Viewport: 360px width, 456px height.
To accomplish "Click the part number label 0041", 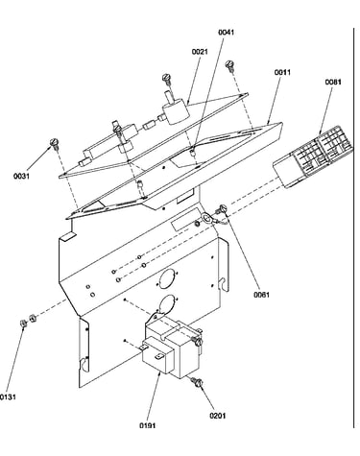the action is tap(227, 33).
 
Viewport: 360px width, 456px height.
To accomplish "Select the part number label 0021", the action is tap(200, 52).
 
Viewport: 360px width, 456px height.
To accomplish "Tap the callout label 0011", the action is tap(282, 72).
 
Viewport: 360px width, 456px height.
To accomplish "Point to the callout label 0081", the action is tap(333, 82).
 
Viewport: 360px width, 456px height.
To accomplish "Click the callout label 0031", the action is tap(21, 176).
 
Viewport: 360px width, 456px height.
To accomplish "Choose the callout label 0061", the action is tap(261, 295).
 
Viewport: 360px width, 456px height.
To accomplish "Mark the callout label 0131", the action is tap(8, 397).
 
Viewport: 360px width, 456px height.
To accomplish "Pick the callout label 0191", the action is tap(148, 425).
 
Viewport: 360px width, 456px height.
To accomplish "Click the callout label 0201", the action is tap(218, 416).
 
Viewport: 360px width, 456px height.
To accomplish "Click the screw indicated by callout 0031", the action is tap(55, 144).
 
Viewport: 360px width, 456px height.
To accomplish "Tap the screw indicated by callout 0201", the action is tap(197, 382).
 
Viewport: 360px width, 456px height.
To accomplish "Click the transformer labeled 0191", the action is tap(171, 348).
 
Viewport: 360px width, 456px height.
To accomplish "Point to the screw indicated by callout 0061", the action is tap(222, 209).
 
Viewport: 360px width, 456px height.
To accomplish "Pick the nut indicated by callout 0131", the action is tap(23, 324).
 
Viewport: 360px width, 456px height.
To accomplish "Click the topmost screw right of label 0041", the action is tap(230, 65).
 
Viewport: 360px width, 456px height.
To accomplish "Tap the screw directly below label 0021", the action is tap(166, 79).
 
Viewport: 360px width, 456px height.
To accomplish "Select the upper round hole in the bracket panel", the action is tap(168, 277).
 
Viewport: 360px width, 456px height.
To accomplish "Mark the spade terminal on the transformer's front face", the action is tap(160, 355).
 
